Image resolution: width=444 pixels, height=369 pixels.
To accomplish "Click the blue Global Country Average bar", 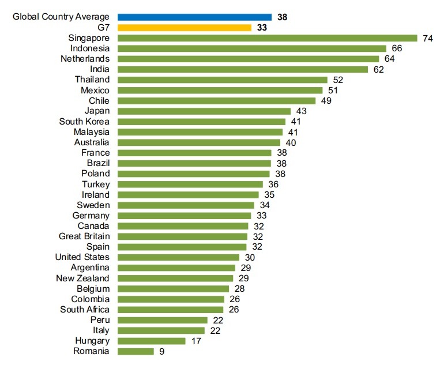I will [195, 17].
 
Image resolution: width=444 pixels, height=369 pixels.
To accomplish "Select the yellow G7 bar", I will [185, 28].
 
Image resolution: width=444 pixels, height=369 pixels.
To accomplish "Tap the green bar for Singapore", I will [268, 38].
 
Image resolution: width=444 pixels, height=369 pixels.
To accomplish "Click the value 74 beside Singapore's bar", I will [427, 38].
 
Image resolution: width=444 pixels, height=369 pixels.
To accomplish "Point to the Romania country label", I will [92, 351].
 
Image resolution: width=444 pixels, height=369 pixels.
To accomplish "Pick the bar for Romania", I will [136, 351].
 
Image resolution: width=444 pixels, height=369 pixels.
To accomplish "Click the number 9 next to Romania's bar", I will [162, 351].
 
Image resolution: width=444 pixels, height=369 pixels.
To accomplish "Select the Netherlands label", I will [85, 59].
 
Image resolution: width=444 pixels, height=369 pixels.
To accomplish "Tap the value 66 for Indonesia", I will [396, 48].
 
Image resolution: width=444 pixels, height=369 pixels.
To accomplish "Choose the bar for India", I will [243, 69].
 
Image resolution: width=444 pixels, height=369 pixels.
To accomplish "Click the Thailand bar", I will [223, 80].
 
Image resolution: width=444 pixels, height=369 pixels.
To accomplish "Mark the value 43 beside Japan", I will [301, 111].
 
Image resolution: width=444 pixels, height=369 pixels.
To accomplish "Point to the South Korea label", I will [84, 121].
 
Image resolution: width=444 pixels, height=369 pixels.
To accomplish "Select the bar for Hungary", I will [152, 341].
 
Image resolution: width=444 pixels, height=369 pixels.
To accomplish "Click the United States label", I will [82, 257].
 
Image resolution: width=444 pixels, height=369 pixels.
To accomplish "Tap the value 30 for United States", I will [249, 257].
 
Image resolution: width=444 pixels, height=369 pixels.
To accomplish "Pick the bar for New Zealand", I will [176, 278].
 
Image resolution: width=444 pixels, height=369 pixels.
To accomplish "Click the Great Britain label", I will [84, 236].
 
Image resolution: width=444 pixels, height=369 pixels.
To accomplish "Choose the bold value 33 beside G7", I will [262, 28].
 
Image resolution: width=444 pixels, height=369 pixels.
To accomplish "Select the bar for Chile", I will [217, 100].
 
